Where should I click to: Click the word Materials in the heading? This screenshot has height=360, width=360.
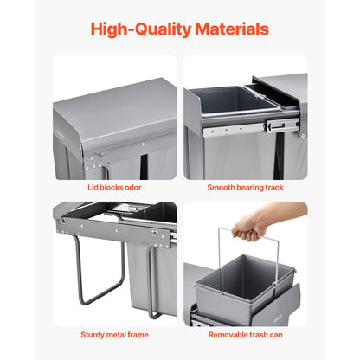coord(228,29)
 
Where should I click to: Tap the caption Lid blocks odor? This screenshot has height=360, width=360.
coord(114,187)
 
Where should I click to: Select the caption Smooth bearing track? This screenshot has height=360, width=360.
coord(246,187)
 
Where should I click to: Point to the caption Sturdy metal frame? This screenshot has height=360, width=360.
coord(114,333)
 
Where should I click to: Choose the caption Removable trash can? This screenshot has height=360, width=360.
coord(246,333)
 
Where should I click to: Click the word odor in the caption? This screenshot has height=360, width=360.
coord(132,187)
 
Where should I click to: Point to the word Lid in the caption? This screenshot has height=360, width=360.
coord(93,187)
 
